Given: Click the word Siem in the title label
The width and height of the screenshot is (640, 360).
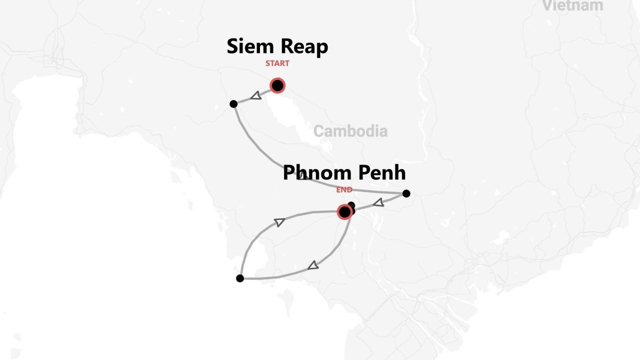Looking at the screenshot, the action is [x=250, y=46].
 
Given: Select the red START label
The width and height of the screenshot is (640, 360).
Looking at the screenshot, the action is [x=277, y=63].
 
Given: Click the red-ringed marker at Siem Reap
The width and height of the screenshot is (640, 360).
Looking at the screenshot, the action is [x=277, y=85].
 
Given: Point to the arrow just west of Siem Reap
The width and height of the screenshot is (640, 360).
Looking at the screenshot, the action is [x=255, y=95].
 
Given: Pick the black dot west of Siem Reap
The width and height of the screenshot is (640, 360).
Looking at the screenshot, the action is [x=233, y=104].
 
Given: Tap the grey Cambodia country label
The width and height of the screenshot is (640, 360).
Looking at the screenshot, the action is [x=350, y=131].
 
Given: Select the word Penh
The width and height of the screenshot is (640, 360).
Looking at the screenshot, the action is [x=382, y=173].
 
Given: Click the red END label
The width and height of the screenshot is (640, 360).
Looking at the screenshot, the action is [x=344, y=190].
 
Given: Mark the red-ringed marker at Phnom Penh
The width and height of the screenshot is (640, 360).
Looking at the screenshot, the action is [x=344, y=212].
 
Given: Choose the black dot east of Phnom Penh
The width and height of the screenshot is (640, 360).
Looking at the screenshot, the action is [x=406, y=193].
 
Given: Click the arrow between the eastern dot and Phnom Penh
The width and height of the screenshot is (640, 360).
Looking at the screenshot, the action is [x=378, y=202].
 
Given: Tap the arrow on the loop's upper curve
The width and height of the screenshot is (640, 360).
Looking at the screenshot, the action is [x=279, y=222].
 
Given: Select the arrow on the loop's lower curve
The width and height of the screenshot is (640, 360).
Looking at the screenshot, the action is [x=313, y=265].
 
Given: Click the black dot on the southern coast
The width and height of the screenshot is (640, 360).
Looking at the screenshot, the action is [x=240, y=278].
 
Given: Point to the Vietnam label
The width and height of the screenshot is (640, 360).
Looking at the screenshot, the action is [x=572, y=6].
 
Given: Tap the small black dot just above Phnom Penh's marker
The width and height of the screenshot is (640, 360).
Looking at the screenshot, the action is [x=351, y=205].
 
